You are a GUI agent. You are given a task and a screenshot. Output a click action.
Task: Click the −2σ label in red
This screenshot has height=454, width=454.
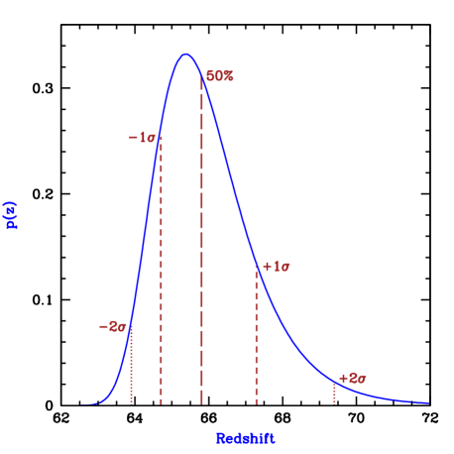pos(113,326)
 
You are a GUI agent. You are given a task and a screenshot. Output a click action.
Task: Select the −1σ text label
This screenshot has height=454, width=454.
pos(143,137)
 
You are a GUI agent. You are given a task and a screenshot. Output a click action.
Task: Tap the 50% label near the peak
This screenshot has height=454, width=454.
pos(219,76)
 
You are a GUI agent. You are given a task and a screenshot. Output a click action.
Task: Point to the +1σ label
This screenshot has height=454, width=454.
pos(276,266)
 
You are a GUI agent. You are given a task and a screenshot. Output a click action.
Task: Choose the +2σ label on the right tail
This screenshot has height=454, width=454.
pos(353,378)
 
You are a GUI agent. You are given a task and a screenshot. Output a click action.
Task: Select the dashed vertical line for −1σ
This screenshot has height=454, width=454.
pos(161,278)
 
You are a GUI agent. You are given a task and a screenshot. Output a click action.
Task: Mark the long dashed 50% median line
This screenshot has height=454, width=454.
pos(202,248)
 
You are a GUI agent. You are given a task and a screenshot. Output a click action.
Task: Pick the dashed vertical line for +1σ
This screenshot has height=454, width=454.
pos(256,337)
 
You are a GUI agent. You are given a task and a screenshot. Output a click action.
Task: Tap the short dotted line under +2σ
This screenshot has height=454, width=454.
pos(334,394)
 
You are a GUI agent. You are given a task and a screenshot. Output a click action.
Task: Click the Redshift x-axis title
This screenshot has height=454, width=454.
pos(245,437)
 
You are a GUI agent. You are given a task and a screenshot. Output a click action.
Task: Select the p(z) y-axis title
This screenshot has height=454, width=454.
pos(12,213)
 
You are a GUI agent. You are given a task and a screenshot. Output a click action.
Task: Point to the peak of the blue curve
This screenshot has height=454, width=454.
pos(185,55)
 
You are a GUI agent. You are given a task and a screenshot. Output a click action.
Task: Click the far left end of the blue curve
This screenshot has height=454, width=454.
pos(83,403)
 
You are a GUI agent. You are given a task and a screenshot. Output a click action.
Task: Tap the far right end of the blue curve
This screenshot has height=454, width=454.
pos(428,402)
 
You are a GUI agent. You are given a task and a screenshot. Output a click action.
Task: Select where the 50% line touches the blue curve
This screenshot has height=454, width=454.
pos(202,77)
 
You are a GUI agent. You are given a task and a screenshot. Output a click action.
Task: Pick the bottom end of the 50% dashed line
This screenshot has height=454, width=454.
pos(202,402)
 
